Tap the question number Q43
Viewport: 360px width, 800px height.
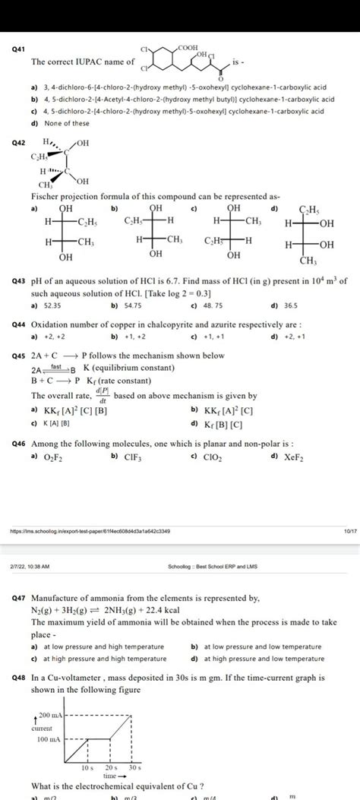(x=17, y=281)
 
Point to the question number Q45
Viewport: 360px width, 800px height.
(x=17, y=356)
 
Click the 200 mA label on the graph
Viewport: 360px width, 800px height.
(x=49, y=716)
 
